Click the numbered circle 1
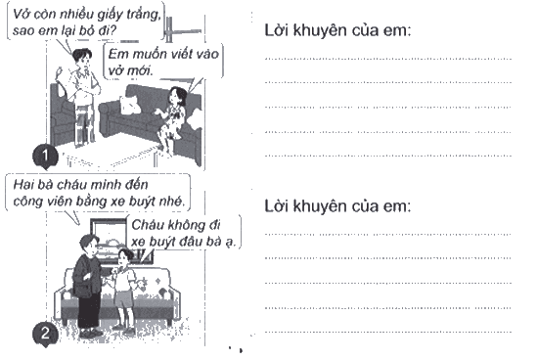click(x=45, y=157)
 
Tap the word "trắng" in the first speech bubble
click(x=145, y=15)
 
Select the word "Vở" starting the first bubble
click(x=21, y=14)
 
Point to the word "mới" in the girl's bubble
click(x=141, y=70)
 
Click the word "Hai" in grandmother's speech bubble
click(x=22, y=185)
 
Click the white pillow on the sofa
click(x=130, y=104)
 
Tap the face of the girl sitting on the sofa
click(x=175, y=96)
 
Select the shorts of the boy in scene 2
click(x=123, y=299)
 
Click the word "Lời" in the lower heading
click(x=277, y=206)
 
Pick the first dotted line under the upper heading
click(x=388, y=59)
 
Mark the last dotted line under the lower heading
click(x=388, y=332)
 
